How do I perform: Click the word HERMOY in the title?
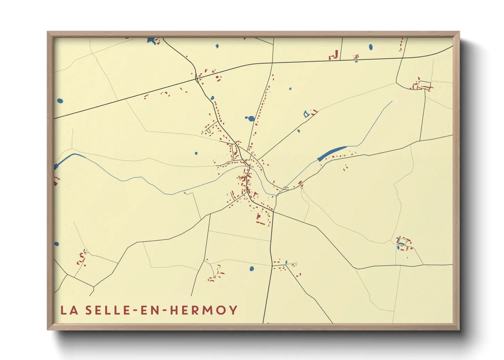tap(203, 310)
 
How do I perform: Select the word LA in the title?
tap(69, 310)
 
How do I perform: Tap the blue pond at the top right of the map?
tap(371, 47)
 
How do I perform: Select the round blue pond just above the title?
tap(252, 269)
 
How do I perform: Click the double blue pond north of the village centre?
tap(251, 119)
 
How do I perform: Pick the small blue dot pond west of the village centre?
tap(196, 153)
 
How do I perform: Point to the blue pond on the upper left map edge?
tap(60, 101)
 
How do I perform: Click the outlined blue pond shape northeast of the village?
tap(306, 114)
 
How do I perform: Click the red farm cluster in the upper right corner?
tap(421, 85)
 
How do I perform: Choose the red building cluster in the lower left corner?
tap(82, 258)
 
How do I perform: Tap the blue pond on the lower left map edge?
tap(57, 244)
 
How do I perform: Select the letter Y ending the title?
tap(233, 310)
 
